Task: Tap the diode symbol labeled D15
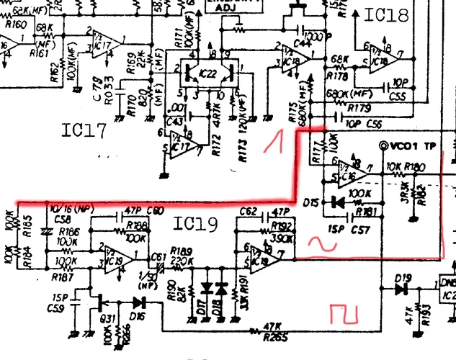click(334, 202)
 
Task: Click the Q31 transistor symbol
click(99, 297)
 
